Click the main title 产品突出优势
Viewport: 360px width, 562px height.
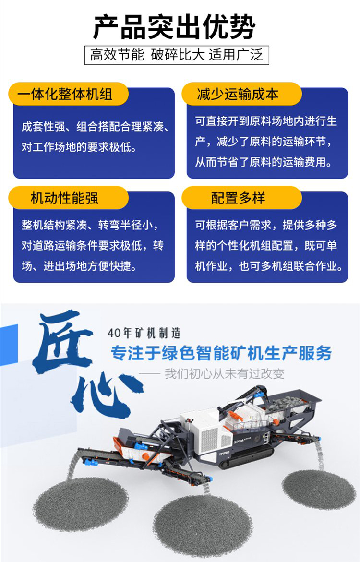(174, 27)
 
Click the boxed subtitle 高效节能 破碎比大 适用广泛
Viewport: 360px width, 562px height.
(177, 55)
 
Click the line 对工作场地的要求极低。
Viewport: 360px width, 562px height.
(79, 147)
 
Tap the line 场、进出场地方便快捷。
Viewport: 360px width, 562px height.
(79, 266)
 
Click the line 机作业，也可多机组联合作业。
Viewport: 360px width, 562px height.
(269, 266)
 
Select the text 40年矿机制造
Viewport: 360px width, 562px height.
(144, 333)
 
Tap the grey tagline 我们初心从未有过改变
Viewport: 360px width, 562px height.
(225, 374)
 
